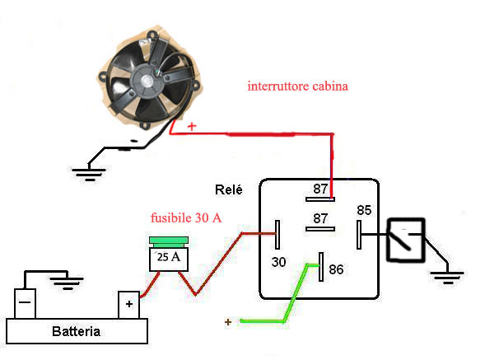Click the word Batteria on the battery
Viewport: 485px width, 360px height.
(x=76, y=331)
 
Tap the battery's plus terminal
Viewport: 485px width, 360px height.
(x=129, y=305)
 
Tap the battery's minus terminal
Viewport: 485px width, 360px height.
(x=25, y=303)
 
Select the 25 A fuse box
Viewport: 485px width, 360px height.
(x=169, y=254)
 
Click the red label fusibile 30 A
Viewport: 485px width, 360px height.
(x=186, y=217)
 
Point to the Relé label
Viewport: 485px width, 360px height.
(x=229, y=189)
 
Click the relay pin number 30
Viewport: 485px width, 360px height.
(x=278, y=262)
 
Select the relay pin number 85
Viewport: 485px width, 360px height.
(x=364, y=210)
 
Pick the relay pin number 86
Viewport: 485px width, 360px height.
(x=336, y=269)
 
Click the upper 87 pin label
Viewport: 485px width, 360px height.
(x=320, y=189)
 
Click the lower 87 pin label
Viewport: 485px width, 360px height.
(x=320, y=218)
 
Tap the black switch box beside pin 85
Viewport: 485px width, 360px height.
(x=406, y=241)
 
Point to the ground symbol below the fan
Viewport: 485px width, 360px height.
(x=89, y=174)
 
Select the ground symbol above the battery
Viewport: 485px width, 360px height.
(x=67, y=283)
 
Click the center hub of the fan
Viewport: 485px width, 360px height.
(x=147, y=81)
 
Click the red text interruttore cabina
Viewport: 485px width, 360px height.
(x=298, y=86)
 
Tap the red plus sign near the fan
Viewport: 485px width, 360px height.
(x=192, y=126)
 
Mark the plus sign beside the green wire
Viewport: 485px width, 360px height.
(x=228, y=322)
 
